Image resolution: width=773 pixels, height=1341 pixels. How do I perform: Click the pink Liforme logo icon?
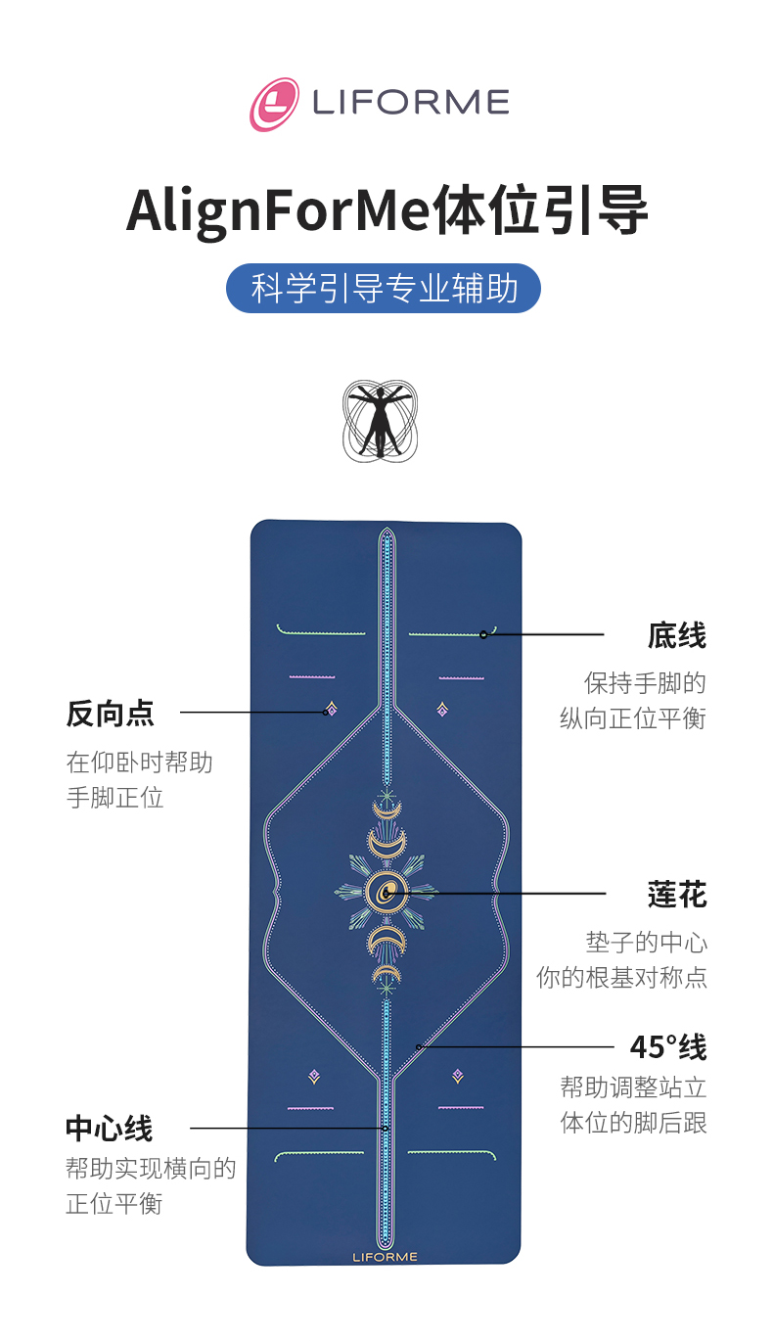tap(274, 104)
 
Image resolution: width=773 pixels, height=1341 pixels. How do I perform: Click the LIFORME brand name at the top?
tap(411, 103)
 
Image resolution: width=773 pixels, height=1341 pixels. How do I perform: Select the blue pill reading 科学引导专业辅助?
tap(384, 289)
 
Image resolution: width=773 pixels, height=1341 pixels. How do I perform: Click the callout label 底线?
tap(676, 635)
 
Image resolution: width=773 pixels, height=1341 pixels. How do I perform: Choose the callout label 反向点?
tap(111, 714)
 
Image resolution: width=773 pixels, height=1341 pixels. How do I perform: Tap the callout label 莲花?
tap(676, 895)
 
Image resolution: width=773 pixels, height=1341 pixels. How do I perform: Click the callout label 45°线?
tap(668, 1046)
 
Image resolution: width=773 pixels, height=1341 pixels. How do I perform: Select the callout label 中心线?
tap(110, 1129)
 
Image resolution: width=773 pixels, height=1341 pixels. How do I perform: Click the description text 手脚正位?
tap(114, 797)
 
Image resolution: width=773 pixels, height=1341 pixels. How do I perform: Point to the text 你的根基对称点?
tap(621, 977)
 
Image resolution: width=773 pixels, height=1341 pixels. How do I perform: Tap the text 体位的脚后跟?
tap(633, 1122)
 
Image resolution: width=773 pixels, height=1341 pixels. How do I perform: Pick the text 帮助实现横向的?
tap(151, 1168)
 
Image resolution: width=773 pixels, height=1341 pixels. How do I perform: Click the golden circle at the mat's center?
tap(386, 892)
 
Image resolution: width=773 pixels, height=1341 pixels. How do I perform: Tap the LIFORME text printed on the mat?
tap(385, 1256)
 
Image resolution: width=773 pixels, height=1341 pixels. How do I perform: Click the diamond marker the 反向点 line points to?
tap(331, 709)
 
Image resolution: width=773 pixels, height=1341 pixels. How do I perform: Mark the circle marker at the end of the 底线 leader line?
tap(483, 635)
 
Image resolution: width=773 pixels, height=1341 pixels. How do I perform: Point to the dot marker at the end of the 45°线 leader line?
tap(419, 1047)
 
